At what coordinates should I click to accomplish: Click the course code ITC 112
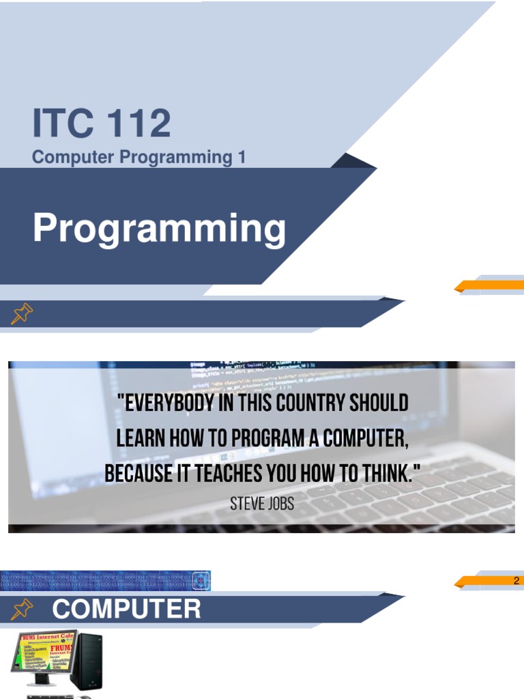[x=101, y=124]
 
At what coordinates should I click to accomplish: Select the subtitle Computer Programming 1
[x=139, y=157]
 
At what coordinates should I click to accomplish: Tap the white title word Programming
[x=159, y=229]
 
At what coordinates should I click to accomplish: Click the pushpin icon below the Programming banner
[x=22, y=314]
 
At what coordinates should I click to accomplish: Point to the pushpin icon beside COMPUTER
[x=22, y=609]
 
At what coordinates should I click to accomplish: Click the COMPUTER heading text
[x=126, y=609]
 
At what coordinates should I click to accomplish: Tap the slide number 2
[x=516, y=581]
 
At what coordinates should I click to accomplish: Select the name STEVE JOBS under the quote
[x=262, y=504]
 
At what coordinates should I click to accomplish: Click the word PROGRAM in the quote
[x=262, y=438]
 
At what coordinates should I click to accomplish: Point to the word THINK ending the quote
[x=388, y=472]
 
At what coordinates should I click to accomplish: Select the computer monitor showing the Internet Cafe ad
[x=42, y=654]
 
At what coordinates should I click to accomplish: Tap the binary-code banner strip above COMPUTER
[x=106, y=580]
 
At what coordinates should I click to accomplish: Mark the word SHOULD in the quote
[x=378, y=403]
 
